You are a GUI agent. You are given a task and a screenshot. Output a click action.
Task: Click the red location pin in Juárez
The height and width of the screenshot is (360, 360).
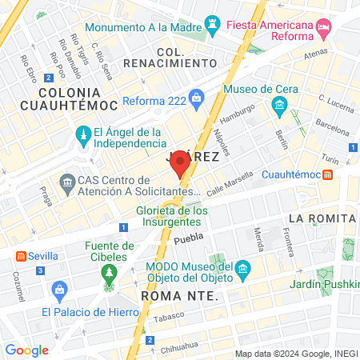pyautogui.click(x=180, y=162)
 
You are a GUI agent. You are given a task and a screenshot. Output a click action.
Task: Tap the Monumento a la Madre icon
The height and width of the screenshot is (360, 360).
pyautogui.click(x=212, y=23)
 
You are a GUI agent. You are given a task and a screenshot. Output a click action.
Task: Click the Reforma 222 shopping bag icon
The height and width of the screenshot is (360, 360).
pyautogui.click(x=197, y=97)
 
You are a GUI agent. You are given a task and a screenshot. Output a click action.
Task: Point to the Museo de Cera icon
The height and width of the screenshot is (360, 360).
pyautogui.click(x=279, y=105)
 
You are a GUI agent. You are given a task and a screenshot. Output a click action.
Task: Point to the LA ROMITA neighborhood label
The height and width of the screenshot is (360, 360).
pyautogui.click(x=322, y=218)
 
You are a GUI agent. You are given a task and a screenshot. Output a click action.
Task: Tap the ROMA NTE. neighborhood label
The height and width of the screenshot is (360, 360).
pyautogui.click(x=179, y=295)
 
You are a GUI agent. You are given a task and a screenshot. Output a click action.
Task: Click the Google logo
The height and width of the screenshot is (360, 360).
pyautogui.click(x=26, y=350)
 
